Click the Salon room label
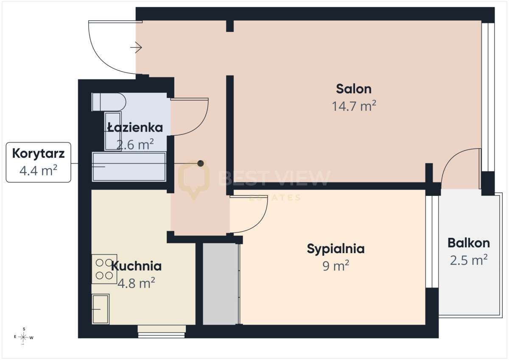click(354, 89)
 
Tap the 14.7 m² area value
click(354, 106)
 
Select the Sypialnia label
click(336, 249)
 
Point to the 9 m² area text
click(336, 266)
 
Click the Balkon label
click(469, 243)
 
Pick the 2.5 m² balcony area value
click(469, 260)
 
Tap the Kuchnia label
click(136, 266)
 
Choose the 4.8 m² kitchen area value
click(136, 283)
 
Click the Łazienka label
click(135, 127)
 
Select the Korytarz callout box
click(39, 162)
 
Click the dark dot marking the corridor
click(200, 163)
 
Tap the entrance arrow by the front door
click(136, 47)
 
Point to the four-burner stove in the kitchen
click(104, 269)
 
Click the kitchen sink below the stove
click(101, 309)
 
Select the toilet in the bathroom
click(109, 102)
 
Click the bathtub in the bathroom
click(129, 167)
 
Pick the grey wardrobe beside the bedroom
click(220, 284)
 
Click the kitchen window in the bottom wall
click(162, 332)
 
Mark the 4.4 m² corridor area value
click(38, 170)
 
